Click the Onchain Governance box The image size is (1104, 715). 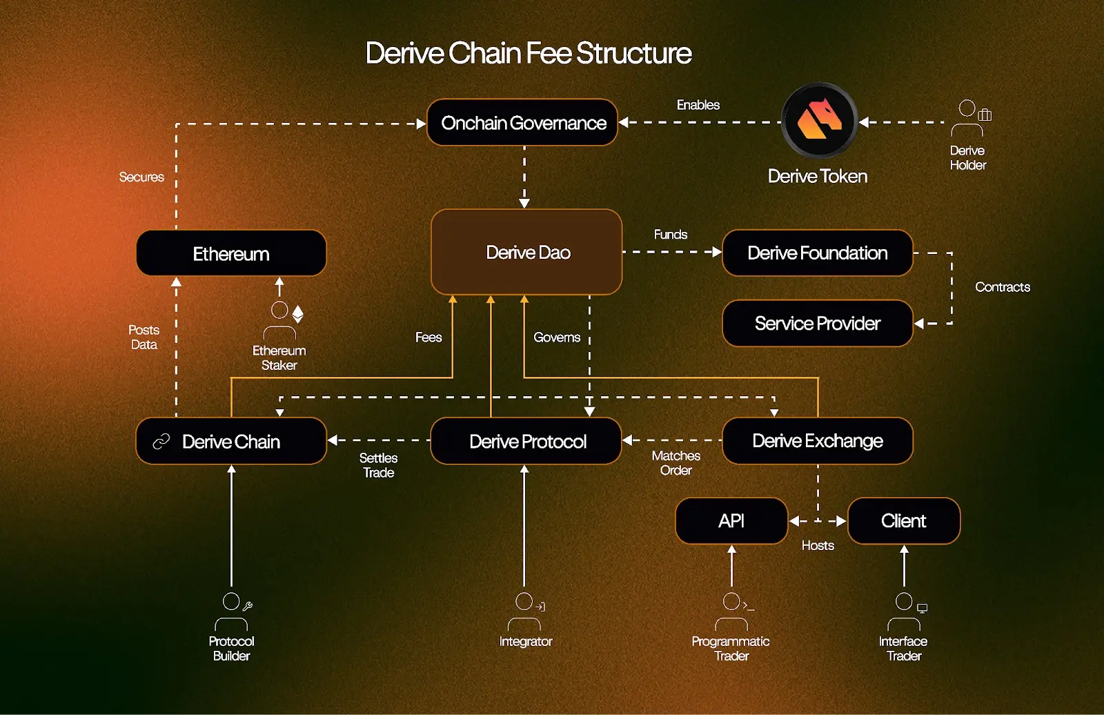[522, 123]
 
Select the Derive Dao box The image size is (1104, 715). [526, 252]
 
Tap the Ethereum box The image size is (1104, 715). [231, 253]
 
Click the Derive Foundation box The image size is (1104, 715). [818, 253]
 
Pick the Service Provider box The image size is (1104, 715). [818, 323]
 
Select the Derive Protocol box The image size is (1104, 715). [526, 441]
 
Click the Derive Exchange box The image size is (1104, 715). [818, 440]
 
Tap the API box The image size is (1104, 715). [731, 520]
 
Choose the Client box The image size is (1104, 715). [904, 520]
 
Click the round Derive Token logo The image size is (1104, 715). [819, 121]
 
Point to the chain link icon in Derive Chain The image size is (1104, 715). [161, 441]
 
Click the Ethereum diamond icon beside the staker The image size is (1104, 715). [298, 314]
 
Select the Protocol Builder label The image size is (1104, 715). [231, 648]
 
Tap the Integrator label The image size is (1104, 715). [526, 641]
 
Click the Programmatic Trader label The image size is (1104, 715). [731, 648]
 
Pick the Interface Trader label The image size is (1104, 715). [903, 648]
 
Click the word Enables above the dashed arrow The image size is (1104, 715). [698, 105]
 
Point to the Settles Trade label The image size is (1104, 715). [378, 465]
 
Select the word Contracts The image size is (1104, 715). [1002, 287]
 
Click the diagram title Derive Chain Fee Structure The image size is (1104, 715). [529, 53]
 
